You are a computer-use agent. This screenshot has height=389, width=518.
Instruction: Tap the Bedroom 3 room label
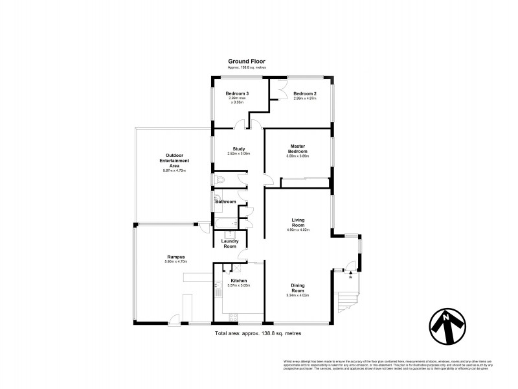[x=237, y=94]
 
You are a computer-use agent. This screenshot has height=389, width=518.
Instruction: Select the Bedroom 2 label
[x=304, y=94]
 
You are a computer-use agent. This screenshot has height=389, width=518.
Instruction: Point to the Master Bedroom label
[x=298, y=148]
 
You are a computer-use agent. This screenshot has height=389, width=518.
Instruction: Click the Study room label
[x=238, y=148]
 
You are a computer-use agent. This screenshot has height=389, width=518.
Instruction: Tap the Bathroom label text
[x=226, y=202]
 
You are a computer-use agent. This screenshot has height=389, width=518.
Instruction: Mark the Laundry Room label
[x=230, y=244]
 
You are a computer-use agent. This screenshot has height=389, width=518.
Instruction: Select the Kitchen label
[x=238, y=281]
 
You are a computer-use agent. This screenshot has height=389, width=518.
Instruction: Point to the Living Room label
[x=298, y=222]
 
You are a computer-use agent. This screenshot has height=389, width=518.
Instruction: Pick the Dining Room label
[x=298, y=291]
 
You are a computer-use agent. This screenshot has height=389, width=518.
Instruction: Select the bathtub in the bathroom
[x=223, y=224]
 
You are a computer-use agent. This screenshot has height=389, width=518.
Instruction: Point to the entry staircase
[x=348, y=300]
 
